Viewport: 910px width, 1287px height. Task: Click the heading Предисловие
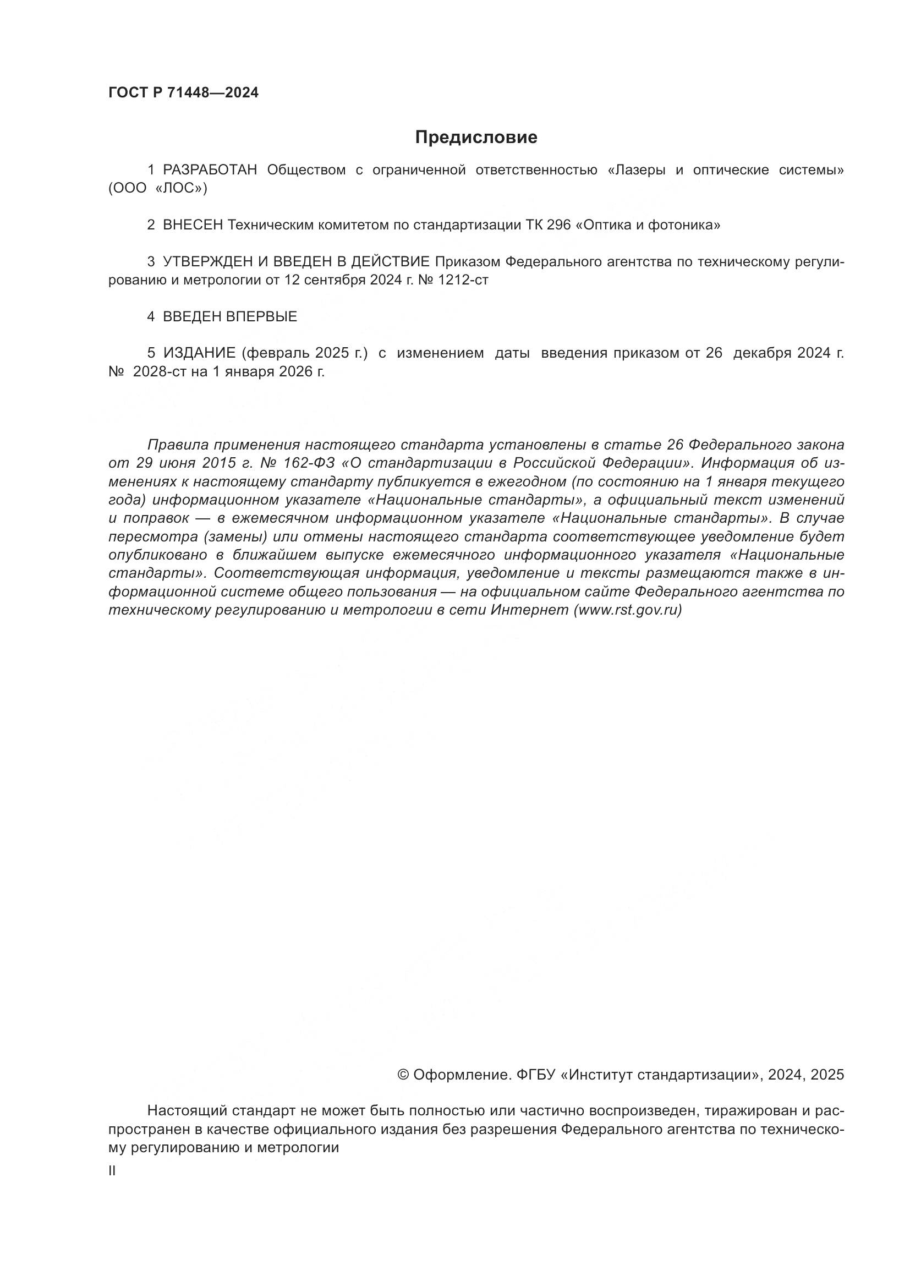click(x=476, y=138)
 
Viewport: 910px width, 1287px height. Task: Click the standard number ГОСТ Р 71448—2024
click(x=183, y=93)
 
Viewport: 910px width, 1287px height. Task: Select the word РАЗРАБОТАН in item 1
click(x=210, y=170)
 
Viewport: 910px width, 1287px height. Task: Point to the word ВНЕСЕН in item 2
click(x=193, y=226)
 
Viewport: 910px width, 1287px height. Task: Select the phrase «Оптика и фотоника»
click(x=648, y=226)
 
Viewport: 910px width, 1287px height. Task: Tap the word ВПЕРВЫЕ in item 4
click(x=261, y=317)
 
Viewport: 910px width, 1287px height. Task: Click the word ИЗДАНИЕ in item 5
click(x=200, y=353)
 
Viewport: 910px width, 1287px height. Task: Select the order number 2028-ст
click(x=159, y=371)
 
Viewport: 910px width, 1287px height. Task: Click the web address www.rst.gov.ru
click(x=628, y=610)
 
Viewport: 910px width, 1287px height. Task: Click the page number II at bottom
click(x=112, y=1170)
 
